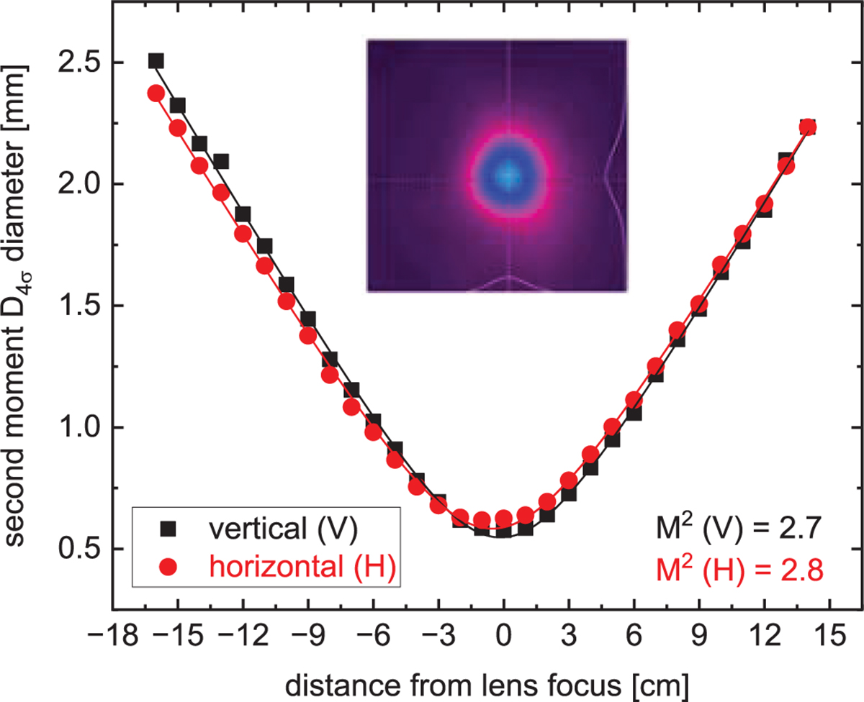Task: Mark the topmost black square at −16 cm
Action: tap(156, 61)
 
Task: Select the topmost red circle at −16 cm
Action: tap(156, 94)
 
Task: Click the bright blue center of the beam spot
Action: tap(508, 175)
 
